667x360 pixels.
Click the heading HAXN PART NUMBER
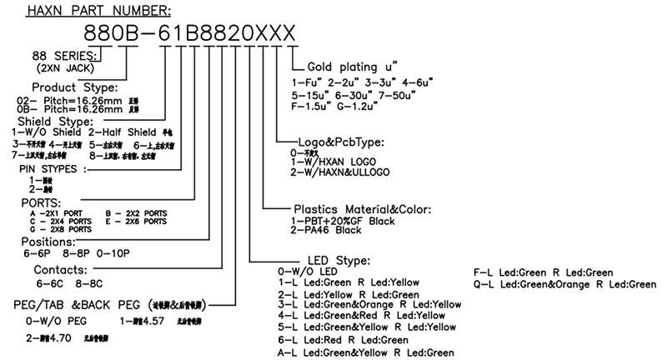click(98, 11)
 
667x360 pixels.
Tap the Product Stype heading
click(74, 87)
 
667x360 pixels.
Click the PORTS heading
click(39, 202)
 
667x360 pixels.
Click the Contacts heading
click(61, 270)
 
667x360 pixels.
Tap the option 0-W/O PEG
click(56, 318)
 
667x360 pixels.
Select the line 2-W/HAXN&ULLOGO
click(339, 172)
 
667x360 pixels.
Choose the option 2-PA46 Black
click(328, 230)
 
